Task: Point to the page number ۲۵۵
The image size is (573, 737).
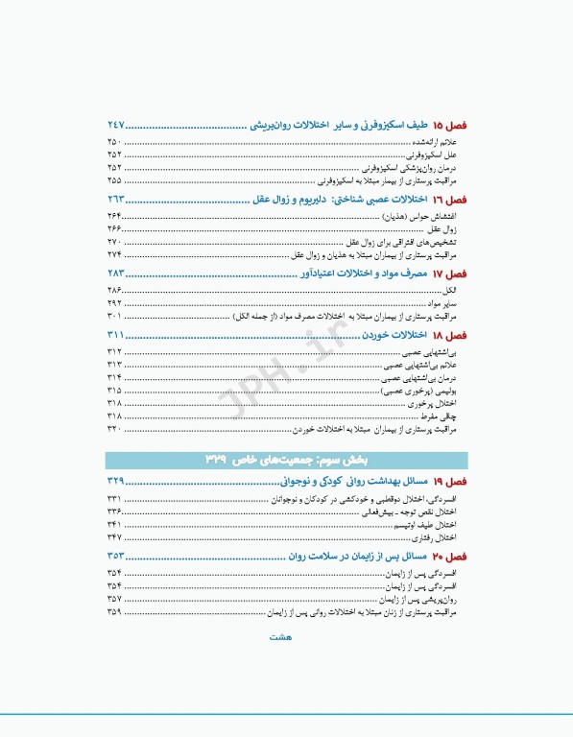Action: coord(114,179)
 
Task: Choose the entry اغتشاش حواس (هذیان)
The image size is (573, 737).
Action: coord(429,215)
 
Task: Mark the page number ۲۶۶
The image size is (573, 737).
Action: coord(114,228)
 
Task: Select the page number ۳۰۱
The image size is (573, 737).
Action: coord(114,315)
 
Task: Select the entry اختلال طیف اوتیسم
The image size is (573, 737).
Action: coord(430,524)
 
